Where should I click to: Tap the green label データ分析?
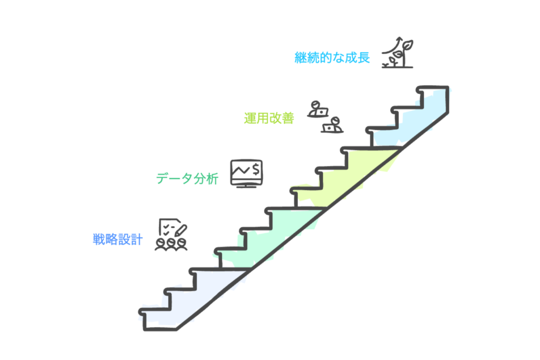coord(187,179)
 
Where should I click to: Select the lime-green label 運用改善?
coord(268,118)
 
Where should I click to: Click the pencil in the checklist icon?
coord(180,230)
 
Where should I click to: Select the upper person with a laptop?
coord(317,109)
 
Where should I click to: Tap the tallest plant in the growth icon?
coord(406,53)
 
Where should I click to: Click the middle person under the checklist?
coord(171,244)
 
